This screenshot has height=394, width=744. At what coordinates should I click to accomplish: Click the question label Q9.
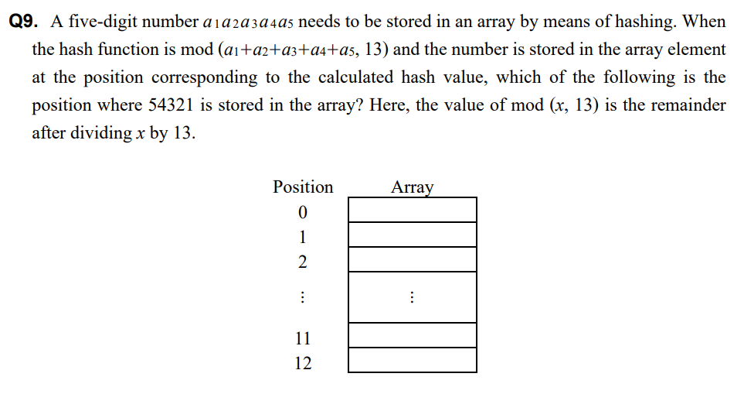[25, 22]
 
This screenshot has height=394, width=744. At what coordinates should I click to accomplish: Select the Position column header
[303, 187]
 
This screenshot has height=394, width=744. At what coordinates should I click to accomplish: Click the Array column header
[412, 187]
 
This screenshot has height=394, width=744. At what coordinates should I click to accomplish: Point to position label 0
[302, 211]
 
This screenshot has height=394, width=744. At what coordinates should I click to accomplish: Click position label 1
[302, 236]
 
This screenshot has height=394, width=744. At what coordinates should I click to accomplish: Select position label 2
[302, 262]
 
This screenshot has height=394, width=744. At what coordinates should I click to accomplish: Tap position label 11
[302, 337]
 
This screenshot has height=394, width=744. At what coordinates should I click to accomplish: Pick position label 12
[302, 362]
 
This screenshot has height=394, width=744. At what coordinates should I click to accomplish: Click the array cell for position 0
[412, 210]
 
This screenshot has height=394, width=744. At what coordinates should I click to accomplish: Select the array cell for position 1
[412, 235]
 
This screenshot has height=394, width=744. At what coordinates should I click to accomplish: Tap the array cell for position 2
[412, 260]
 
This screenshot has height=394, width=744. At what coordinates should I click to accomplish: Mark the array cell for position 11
[412, 335]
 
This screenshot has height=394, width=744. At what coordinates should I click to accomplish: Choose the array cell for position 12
[412, 360]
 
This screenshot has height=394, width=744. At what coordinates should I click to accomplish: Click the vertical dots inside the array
[413, 297]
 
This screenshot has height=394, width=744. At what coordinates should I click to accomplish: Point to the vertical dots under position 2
[302, 297]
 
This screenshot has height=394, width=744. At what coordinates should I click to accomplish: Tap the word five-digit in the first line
[97, 22]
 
